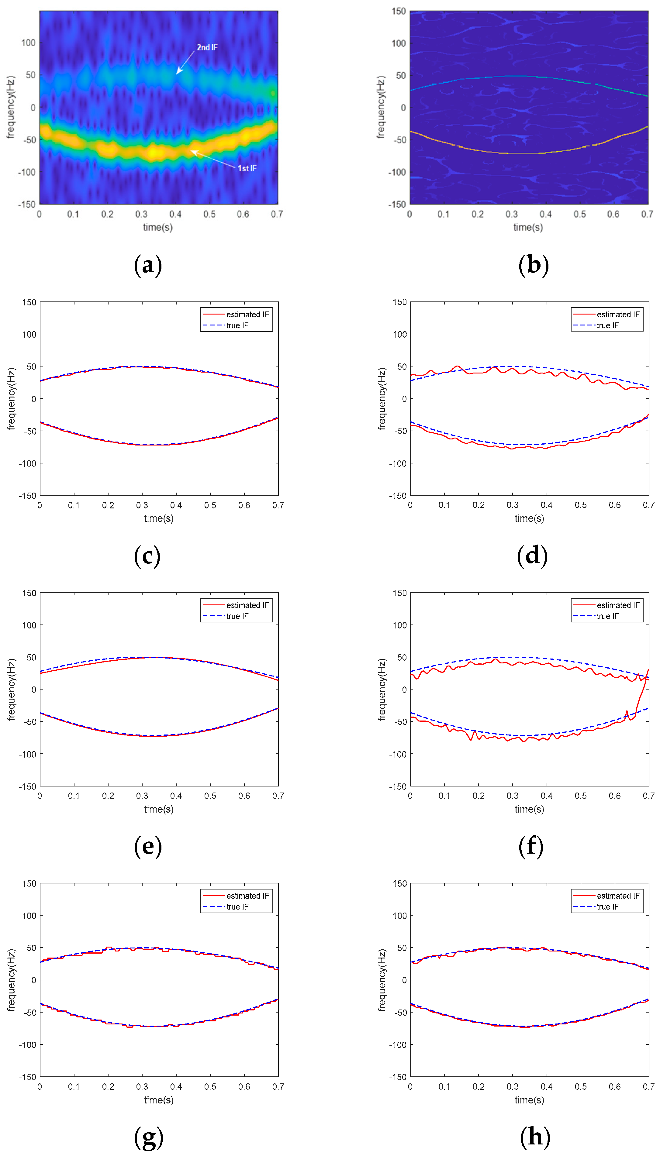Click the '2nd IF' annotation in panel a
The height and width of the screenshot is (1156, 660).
(207, 47)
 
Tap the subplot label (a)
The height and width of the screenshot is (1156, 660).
(148, 265)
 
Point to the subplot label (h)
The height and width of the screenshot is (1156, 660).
(535, 1137)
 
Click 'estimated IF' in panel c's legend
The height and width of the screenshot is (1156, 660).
(247, 314)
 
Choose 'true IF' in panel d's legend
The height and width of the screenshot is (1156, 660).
(607, 325)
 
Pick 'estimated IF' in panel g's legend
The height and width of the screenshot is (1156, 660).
(247, 896)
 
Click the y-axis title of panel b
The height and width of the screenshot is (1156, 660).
(381, 107)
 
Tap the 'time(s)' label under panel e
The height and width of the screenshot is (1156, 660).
(159, 809)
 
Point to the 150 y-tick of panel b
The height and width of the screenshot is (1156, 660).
(399, 11)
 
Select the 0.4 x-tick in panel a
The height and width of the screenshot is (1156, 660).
(175, 214)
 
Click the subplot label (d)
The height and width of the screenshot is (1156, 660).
(532, 556)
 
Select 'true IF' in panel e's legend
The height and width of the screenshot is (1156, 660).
(237, 616)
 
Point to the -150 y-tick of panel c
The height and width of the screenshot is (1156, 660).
(27, 496)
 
